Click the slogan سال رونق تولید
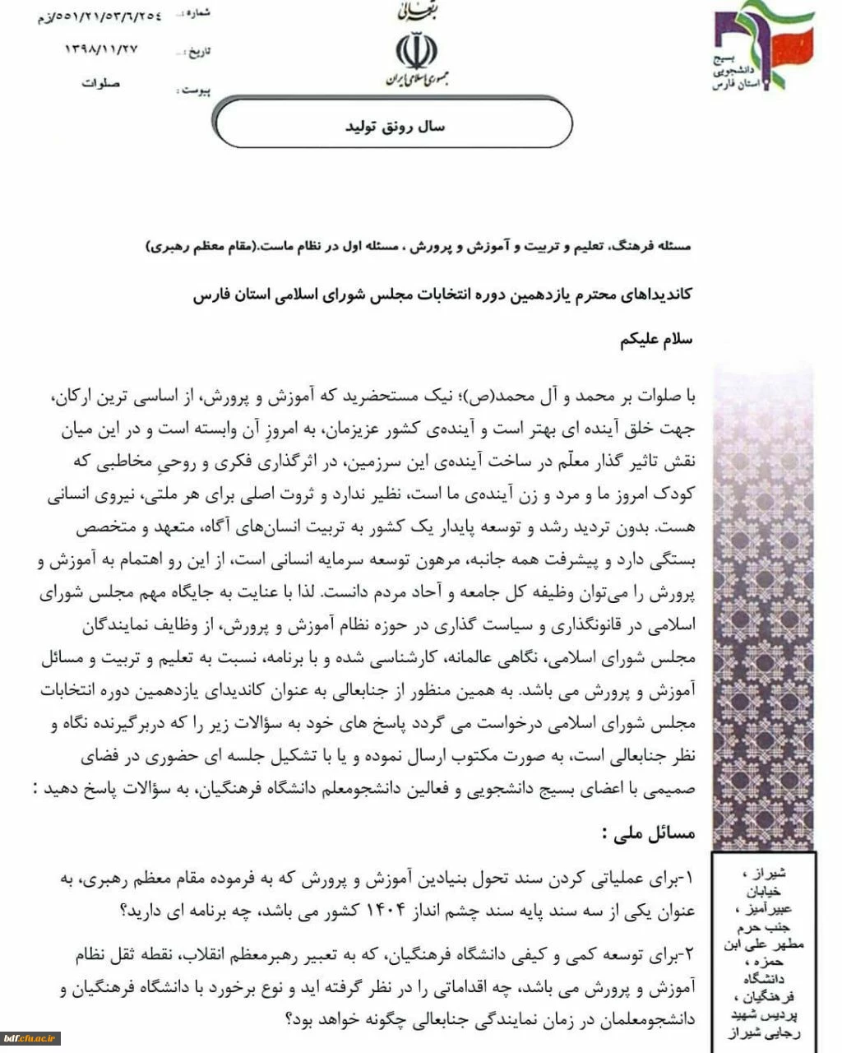(x=394, y=127)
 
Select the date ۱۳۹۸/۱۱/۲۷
(x=101, y=50)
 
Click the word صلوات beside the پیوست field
(x=101, y=84)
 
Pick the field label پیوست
(x=194, y=90)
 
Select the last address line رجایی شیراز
(x=764, y=1036)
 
